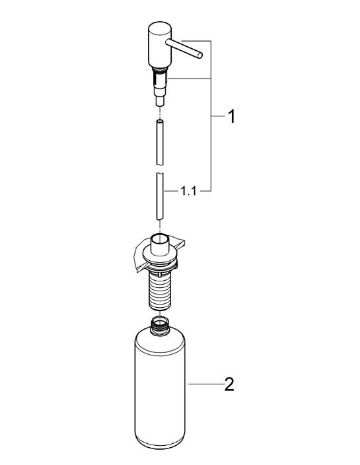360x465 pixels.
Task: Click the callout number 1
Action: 231,116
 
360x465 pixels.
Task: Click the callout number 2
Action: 229,384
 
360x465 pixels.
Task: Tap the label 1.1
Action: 188,192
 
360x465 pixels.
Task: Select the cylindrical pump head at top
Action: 160,44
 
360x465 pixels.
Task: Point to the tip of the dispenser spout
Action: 200,55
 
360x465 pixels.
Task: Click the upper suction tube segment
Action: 160,142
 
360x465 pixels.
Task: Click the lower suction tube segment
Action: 160,196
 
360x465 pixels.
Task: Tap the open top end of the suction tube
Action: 160,122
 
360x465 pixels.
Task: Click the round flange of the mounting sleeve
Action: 160,256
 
